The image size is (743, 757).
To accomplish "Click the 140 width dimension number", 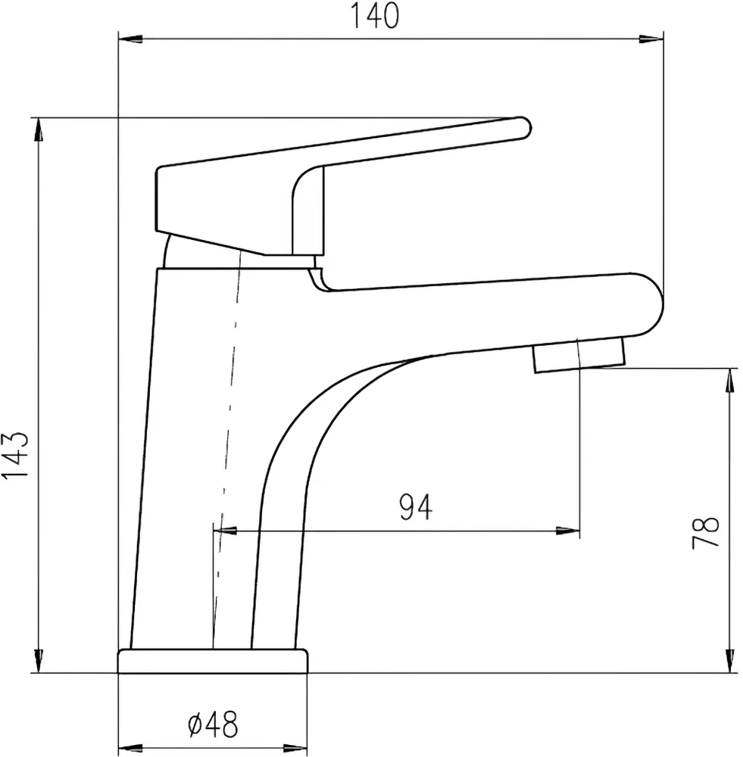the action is (x=374, y=16).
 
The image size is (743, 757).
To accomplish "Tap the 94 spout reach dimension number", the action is (x=416, y=507).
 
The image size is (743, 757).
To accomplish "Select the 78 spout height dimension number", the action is (x=705, y=532).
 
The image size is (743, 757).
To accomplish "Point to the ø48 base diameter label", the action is (x=213, y=724).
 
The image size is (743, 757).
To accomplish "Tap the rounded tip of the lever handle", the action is (x=523, y=127).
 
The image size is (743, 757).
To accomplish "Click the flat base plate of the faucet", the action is (x=213, y=661).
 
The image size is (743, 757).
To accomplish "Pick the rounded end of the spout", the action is (x=650, y=304).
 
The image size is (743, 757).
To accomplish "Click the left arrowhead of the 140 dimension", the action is (x=130, y=39).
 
